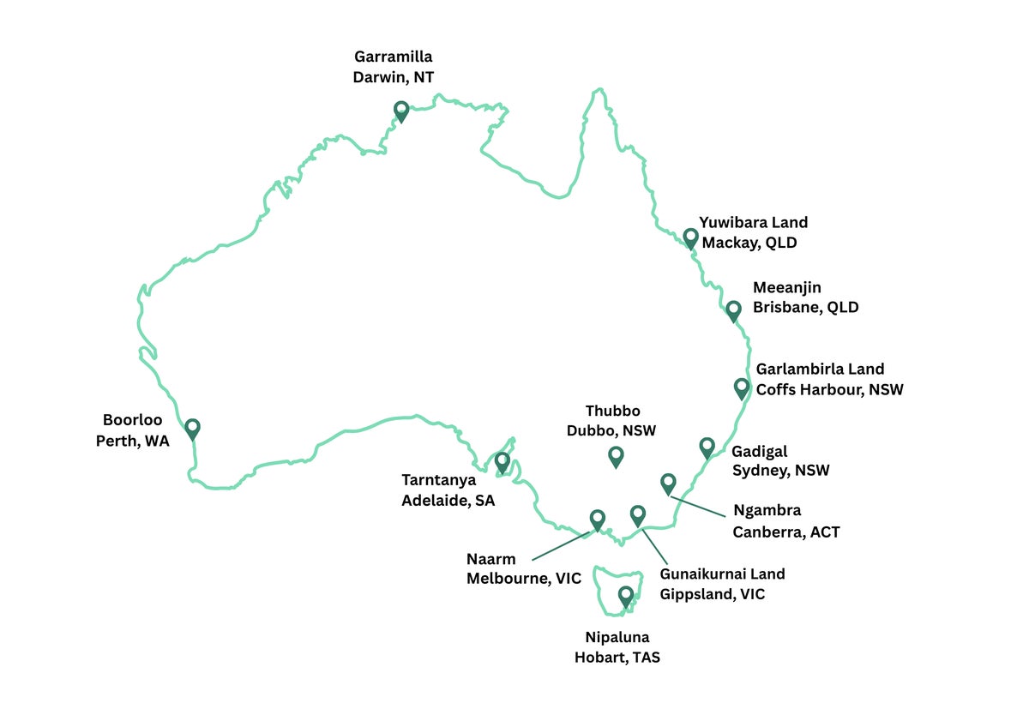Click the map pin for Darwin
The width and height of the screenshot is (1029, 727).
click(401, 111)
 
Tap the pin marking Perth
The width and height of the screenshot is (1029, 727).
click(193, 428)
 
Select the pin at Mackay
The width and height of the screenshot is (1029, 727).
click(691, 237)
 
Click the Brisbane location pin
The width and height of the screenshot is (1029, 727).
click(733, 310)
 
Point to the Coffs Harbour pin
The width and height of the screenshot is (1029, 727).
click(742, 388)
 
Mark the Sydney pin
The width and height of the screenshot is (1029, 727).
click(707, 447)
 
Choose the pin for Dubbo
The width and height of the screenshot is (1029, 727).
click(616, 457)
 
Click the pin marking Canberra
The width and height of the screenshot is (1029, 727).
click(668, 484)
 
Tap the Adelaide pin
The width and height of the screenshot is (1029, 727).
click(502, 462)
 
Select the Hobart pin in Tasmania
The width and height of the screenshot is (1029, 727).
click(626, 596)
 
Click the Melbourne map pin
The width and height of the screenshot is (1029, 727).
click(598, 520)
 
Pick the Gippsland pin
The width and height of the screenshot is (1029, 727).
click(638, 515)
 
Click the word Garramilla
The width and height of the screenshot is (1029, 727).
click(393, 57)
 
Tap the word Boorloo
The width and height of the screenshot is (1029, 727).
click(133, 421)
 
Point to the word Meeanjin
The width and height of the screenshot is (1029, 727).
click(787, 288)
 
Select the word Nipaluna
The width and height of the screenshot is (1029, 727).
click(617, 638)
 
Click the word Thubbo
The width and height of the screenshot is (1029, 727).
click(612, 412)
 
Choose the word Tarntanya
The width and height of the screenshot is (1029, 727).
click(438, 480)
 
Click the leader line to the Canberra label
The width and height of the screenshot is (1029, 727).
click(698, 506)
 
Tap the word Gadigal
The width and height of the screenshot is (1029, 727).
click(759, 451)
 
